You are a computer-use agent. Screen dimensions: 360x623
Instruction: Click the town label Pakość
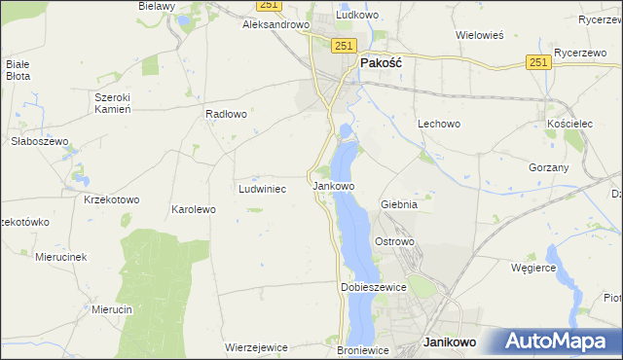coord(382,61)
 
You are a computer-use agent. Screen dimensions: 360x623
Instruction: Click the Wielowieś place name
coord(479,35)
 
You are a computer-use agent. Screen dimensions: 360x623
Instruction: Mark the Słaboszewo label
coord(37,141)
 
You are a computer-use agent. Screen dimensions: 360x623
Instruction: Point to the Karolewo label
coord(193,209)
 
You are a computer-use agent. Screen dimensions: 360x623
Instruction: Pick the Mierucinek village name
coord(61,257)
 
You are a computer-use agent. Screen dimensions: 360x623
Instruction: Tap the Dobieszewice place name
coord(372,288)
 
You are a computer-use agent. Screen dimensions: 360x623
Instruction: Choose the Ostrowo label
coord(395,241)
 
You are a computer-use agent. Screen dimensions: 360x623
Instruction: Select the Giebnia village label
coord(399,205)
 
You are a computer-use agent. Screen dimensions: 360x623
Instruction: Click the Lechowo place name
coord(438,125)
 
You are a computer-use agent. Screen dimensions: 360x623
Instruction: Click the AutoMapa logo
coord(562,341)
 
